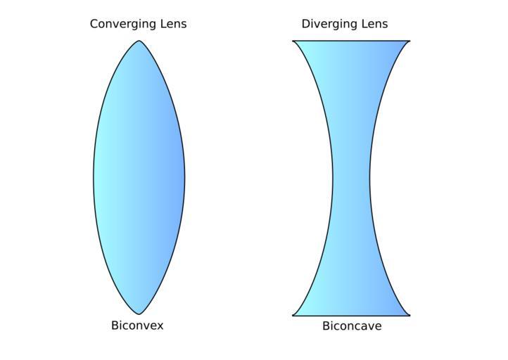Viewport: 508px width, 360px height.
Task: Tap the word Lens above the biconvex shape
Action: pos(172,24)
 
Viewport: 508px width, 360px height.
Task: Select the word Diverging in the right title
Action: pos(329,25)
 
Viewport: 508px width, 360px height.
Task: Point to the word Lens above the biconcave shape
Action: pos(373,24)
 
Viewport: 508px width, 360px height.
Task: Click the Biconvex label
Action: pos(137,326)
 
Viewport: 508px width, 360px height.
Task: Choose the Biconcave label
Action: pos(352,326)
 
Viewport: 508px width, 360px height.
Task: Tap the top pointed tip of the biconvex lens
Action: pos(139,41)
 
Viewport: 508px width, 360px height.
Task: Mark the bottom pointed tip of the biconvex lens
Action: pos(139,314)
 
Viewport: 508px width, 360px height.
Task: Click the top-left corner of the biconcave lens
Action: pos(293,41)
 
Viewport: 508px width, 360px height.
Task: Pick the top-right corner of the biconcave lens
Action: pos(409,41)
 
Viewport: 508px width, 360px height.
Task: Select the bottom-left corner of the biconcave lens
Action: pos(293,315)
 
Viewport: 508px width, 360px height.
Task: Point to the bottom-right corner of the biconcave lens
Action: pos(409,315)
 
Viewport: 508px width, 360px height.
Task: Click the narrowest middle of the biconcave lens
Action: pos(351,178)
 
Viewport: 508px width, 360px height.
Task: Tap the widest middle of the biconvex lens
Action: pos(139,177)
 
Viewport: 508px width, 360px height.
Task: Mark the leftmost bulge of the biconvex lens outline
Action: pos(94,177)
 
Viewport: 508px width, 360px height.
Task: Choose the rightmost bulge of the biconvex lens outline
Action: pos(184,177)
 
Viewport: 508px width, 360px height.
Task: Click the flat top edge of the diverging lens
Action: pos(351,41)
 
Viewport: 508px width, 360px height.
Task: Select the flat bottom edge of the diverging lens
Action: pos(351,316)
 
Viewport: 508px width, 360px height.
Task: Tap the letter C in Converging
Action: pos(94,24)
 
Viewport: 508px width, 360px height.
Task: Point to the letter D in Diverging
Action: pos(305,24)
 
